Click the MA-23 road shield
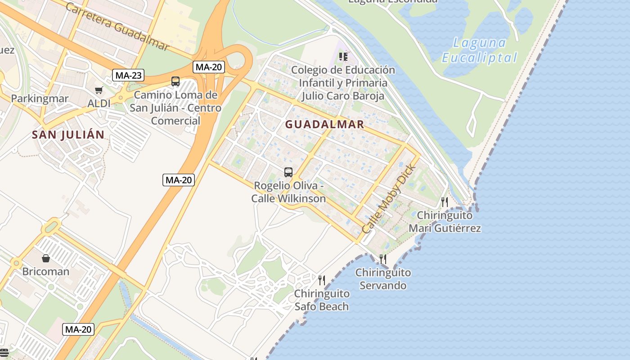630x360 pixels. pyautogui.click(x=128, y=75)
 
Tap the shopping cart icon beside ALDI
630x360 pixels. pyautogui.click(x=99, y=90)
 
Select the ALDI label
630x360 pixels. pyautogui.click(x=99, y=103)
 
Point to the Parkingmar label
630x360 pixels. pyautogui.click(x=40, y=99)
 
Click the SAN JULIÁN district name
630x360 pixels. pyautogui.click(x=68, y=135)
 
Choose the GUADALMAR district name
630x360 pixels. pyautogui.click(x=324, y=125)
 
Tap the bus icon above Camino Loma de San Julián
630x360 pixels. pyautogui.click(x=175, y=81)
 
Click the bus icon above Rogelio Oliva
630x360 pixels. pyautogui.click(x=288, y=172)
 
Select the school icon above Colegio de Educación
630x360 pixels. pyautogui.click(x=343, y=57)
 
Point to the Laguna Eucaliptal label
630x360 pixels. pyautogui.click(x=480, y=50)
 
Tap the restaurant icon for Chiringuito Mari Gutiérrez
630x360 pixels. pyautogui.click(x=445, y=201)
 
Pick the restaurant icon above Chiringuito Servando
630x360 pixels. pyautogui.click(x=383, y=259)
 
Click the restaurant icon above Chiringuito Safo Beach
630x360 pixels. pyautogui.click(x=322, y=280)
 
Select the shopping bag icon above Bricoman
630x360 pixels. pyautogui.click(x=46, y=258)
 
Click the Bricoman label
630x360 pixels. pyautogui.click(x=46, y=272)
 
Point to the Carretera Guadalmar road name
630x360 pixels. pyautogui.click(x=117, y=27)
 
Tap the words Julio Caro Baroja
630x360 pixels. pyautogui.click(x=343, y=96)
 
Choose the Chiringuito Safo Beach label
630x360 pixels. pyautogui.click(x=322, y=300)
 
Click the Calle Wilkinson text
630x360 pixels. pyautogui.click(x=288, y=198)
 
